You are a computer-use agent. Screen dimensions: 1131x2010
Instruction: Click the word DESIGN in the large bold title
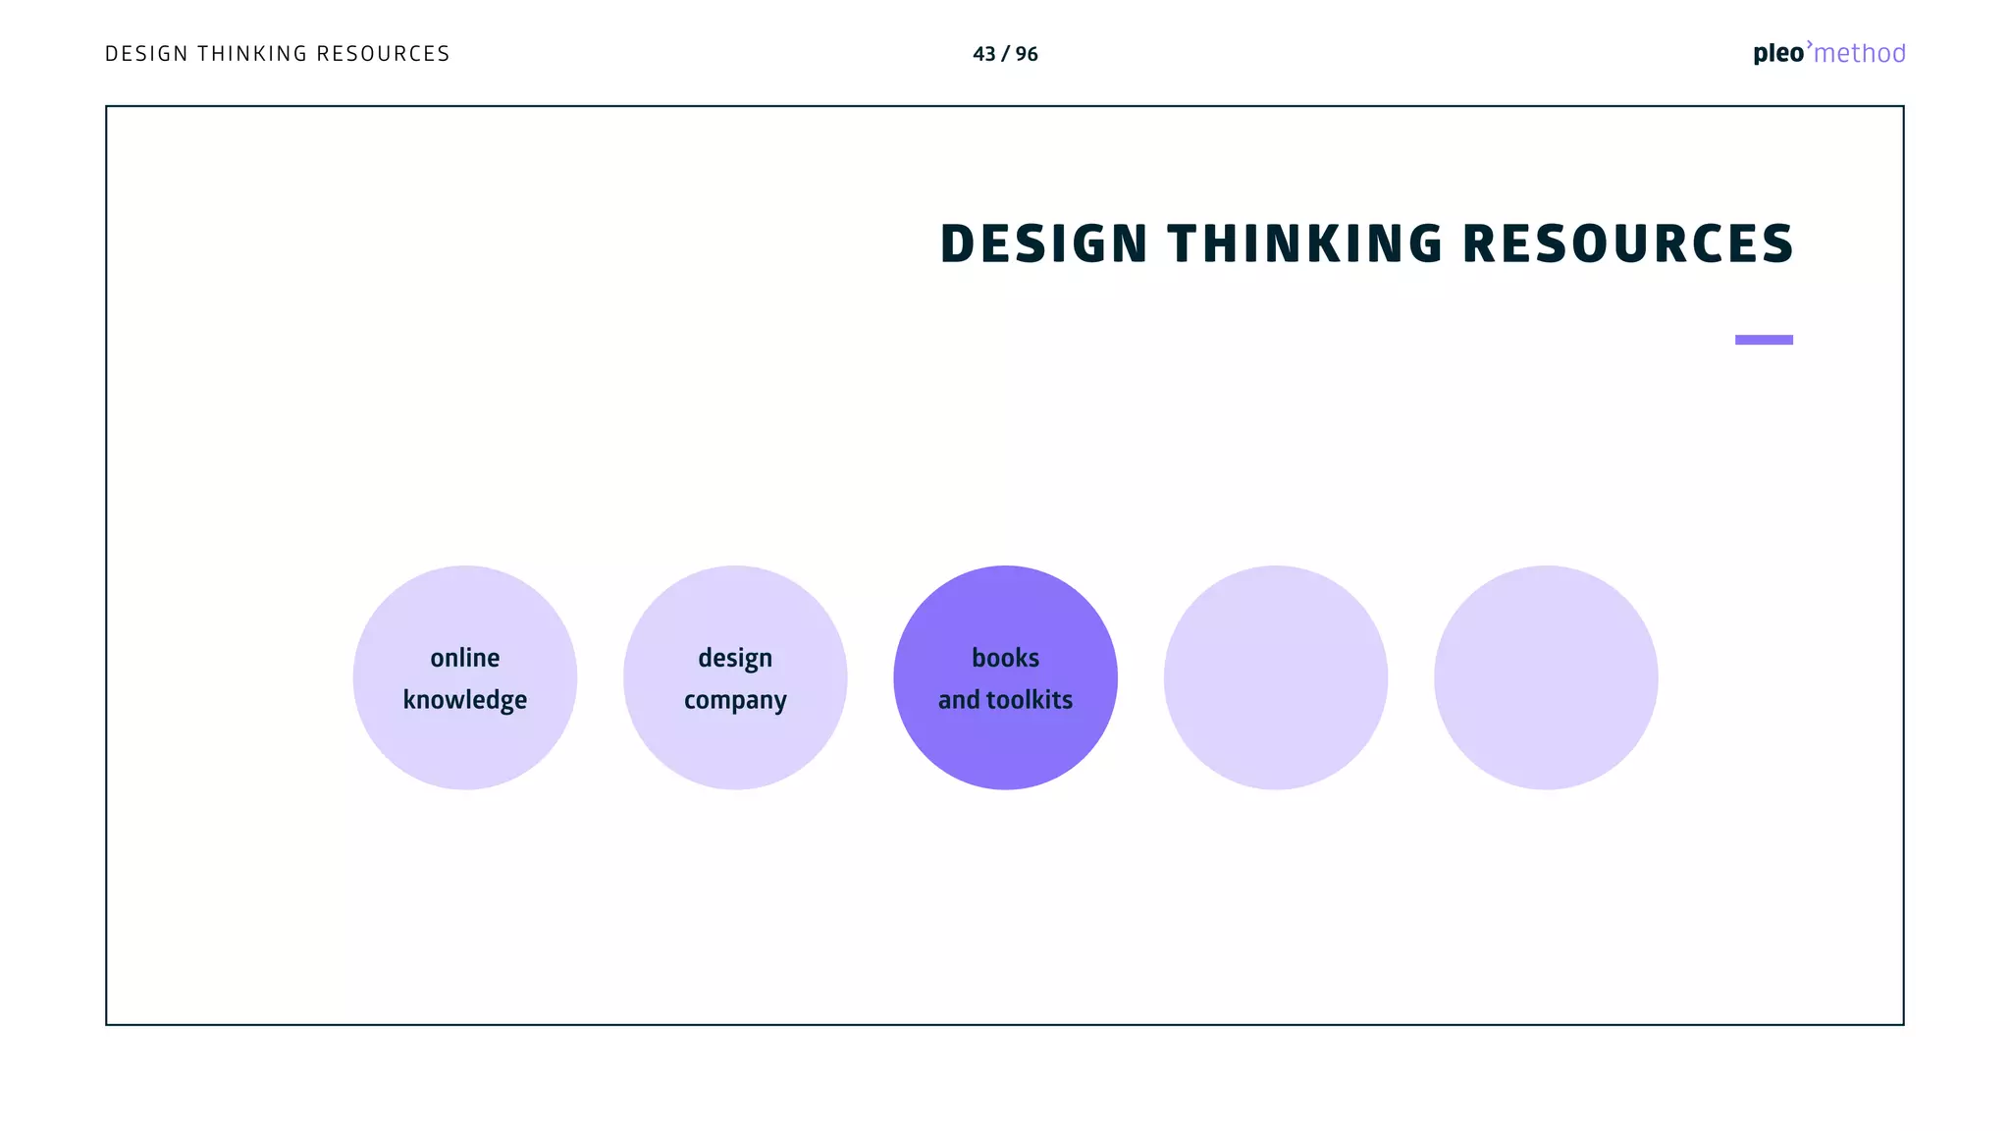click(x=1043, y=243)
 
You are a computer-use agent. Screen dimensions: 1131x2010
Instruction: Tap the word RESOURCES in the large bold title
click(x=1628, y=243)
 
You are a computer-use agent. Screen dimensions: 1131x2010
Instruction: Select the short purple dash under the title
click(x=1764, y=340)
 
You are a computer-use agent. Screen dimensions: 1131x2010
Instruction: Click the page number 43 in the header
click(x=983, y=54)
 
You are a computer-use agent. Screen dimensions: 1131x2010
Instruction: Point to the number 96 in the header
click(x=1027, y=54)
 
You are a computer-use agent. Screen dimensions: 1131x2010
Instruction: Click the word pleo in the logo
click(x=1777, y=54)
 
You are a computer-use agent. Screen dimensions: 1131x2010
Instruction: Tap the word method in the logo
click(x=1860, y=54)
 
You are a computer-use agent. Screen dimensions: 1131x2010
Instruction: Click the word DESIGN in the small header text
click(x=146, y=54)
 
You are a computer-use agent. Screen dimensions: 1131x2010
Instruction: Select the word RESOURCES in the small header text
click(x=383, y=54)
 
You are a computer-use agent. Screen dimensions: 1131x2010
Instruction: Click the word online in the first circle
click(x=465, y=658)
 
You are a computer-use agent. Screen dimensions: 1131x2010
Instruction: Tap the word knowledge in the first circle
click(x=465, y=700)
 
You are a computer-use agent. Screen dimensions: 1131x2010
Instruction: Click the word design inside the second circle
click(x=735, y=658)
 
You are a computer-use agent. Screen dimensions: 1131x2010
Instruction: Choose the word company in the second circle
click(x=735, y=700)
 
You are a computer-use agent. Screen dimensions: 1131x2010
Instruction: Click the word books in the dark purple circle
click(x=1005, y=658)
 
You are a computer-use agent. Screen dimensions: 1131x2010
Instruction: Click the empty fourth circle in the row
click(x=1276, y=677)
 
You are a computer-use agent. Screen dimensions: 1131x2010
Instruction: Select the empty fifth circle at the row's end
click(x=1546, y=677)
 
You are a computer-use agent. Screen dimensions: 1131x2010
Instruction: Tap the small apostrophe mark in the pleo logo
click(x=1810, y=44)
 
